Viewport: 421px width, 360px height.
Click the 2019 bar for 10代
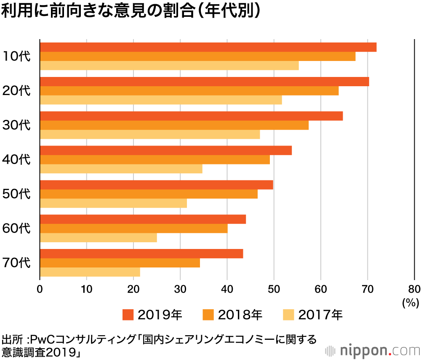208,47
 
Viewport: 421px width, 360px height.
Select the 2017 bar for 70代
90,273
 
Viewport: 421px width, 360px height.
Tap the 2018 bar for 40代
155,160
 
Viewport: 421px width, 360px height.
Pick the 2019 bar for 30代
192,116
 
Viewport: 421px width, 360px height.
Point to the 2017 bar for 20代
161,100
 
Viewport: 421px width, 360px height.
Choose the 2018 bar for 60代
134,228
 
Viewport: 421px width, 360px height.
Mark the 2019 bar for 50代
157,185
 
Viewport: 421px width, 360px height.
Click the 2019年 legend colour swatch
128,315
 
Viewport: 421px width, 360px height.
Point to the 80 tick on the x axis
414,289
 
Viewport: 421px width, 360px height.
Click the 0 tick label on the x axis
40,289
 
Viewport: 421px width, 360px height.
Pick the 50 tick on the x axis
274,289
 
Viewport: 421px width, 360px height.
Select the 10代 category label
16,56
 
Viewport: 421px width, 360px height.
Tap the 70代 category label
16,263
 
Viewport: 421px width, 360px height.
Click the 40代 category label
16,160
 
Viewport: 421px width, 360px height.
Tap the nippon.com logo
373,350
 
